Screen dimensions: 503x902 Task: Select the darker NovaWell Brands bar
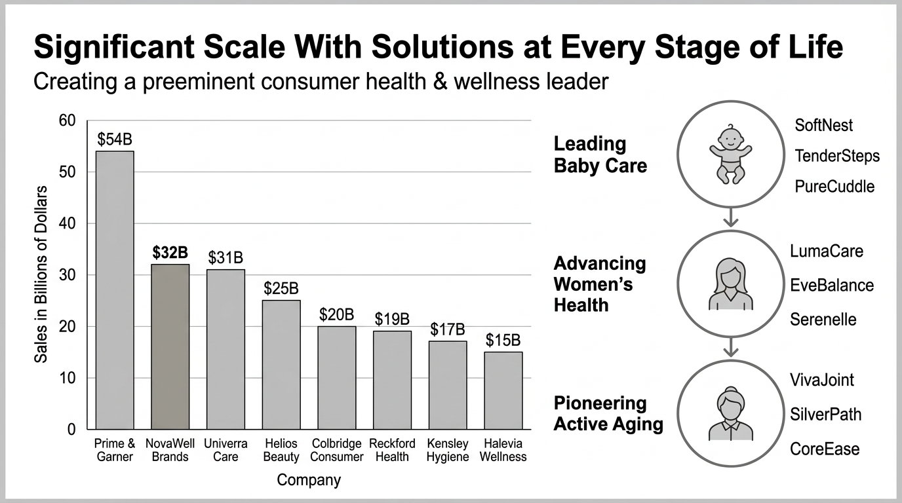(170, 346)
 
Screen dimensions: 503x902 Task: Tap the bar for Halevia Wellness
(503, 390)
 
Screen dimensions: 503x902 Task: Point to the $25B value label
(281, 288)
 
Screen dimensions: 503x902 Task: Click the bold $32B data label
(170, 253)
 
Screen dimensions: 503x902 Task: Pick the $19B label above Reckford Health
(392, 320)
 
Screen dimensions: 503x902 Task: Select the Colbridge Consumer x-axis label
(337, 451)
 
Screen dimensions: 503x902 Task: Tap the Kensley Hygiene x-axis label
(448, 451)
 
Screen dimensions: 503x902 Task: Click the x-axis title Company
(309, 480)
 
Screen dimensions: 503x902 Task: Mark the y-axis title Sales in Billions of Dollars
(41, 274)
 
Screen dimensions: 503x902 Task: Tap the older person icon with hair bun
(730, 413)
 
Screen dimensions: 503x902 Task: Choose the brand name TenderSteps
(837, 156)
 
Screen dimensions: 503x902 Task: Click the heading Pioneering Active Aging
(608, 413)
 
